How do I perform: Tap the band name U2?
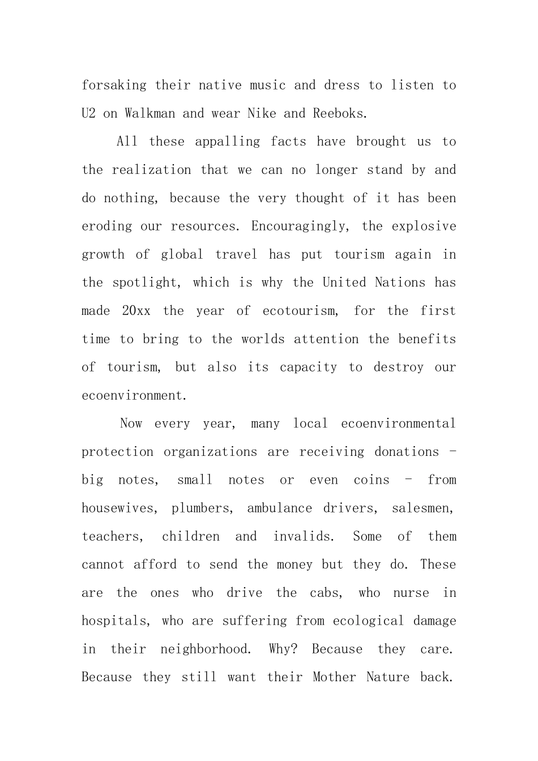(88, 113)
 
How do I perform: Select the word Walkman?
(150, 113)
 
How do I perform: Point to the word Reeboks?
(340, 113)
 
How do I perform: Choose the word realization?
(151, 170)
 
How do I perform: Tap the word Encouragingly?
(301, 226)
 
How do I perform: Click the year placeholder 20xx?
(136, 311)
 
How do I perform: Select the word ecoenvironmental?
(398, 424)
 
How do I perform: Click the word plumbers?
(202, 508)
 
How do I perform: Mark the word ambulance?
(279, 508)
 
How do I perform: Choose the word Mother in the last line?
(334, 677)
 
